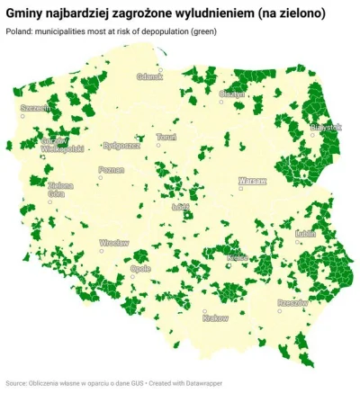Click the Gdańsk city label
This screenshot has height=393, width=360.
(x=149, y=77)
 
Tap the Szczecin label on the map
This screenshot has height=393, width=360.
(x=35, y=108)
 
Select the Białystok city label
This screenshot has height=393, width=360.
(x=325, y=127)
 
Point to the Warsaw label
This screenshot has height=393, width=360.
(x=253, y=181)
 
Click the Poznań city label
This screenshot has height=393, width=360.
(x=112, y=169)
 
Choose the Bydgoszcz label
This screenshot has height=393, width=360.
(x=121, y=144)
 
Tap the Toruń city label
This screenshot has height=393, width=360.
(x=166, y=138)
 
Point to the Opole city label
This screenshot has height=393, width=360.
(x=140, y=268)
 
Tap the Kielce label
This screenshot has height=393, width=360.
(x=238, y=257)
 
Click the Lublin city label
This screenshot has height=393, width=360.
(x=306, y=232)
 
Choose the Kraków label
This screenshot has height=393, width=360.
(x=216, y=317)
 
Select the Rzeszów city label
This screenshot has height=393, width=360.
(x=292, y=303)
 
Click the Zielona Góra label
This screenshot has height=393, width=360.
(x=60, y=190)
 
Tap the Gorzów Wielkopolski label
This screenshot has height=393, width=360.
(x=62, y=146)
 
